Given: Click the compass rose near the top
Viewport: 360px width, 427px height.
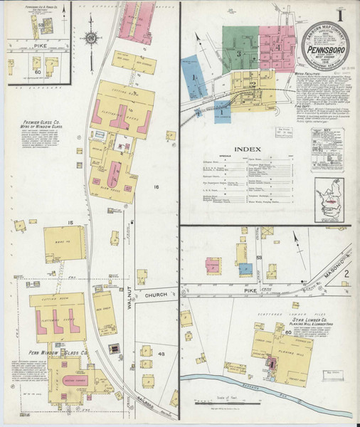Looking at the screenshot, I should (x=92, y=38).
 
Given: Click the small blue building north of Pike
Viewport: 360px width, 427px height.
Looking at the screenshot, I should (x=245, y=269).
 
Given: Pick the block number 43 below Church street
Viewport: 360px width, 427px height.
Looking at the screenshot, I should (x=161, y=334).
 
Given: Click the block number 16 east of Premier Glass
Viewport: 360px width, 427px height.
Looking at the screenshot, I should (x=154, y=186).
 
